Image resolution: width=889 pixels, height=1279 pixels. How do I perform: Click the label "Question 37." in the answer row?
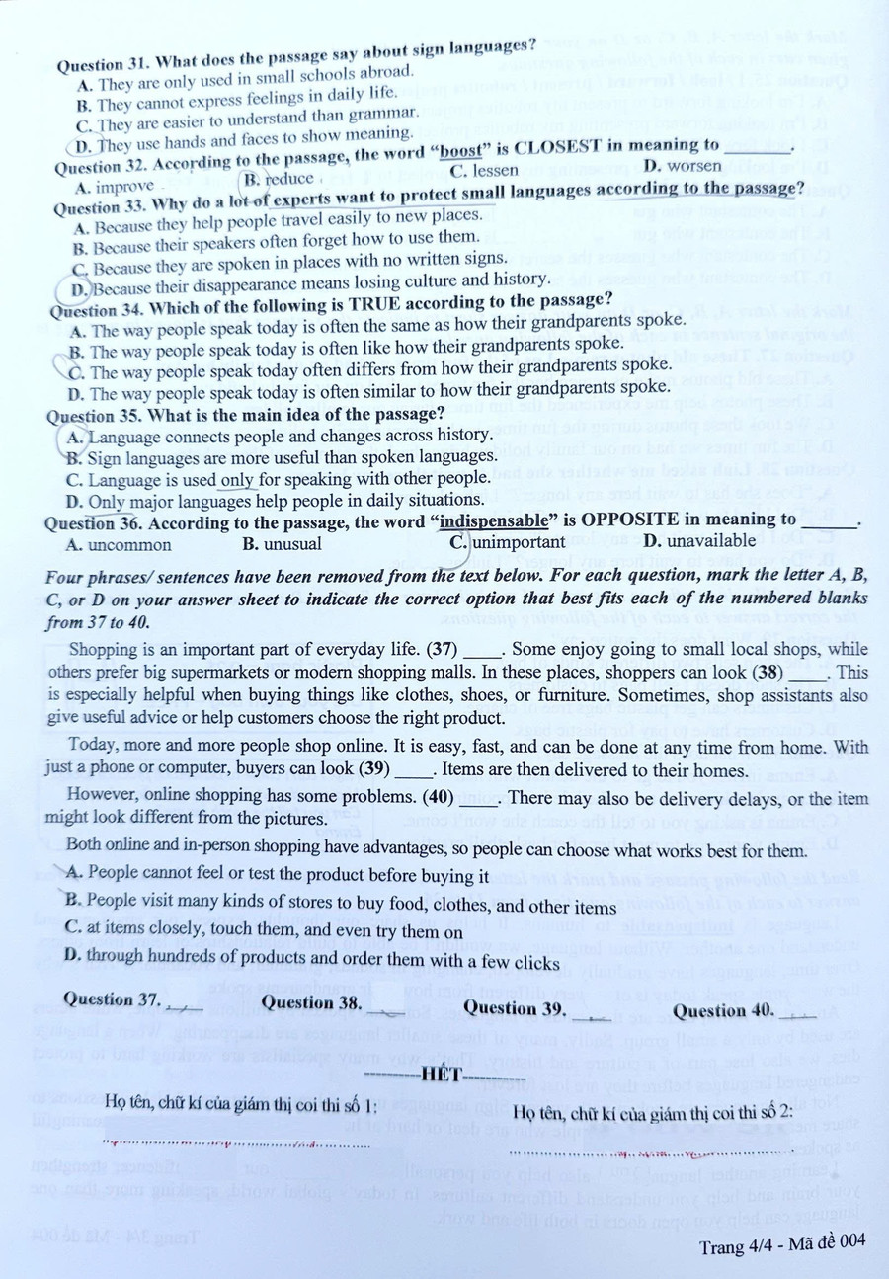(115, 999)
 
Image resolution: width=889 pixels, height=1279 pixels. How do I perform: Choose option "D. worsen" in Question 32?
(682, 166)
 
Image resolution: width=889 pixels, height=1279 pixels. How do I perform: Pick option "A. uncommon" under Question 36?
(118, 544)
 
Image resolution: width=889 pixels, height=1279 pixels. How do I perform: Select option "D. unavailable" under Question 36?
(698, 540)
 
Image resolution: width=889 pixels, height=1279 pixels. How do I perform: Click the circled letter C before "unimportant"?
(458, 542)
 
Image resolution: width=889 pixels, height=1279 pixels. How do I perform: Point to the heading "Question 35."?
(95, 415)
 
